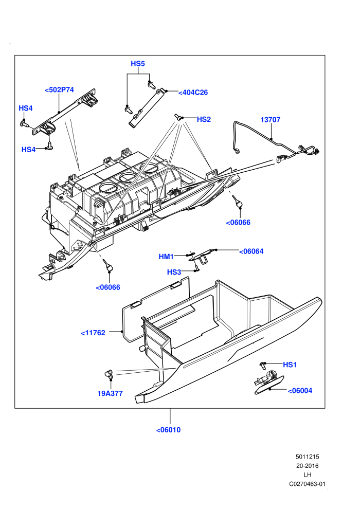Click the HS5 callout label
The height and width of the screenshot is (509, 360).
pyautogui.click(x=138, y=64)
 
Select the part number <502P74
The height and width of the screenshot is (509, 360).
pyautogui.click(x=59, y=90)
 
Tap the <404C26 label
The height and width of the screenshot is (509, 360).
pyautogui.click(x=193, y=93)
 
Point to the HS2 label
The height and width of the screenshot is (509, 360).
pyautogui.click(x=204, y=119)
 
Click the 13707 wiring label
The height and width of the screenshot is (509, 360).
pyautogui.click(x=270, y=120)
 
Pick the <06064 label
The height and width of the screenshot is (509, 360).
pyautogui.click(x=251, y=251)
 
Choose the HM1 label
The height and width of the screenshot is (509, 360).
pyautogui.click(x=166, y=257)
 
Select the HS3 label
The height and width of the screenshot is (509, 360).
pyautogui.click(x=174, y=272)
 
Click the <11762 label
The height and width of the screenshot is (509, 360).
pyautogui.click(x=93, y=333)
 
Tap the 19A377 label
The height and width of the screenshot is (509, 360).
pyautogui.click(x=110, y=393)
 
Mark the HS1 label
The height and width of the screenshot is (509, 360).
pyautogui.click(x=290, y=365)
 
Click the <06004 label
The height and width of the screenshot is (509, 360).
pyautogui.click(x=300, y=391)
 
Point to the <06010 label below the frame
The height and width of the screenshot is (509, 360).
pyautogui.click(x=168, y=430)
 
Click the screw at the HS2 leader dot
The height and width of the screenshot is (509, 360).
pyautogui.click(x=178, y=117)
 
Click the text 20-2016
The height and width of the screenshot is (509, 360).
pyautogui.click(x=307, y=466)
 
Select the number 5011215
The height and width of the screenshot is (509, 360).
pyautogui.click(x=307, y=457)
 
